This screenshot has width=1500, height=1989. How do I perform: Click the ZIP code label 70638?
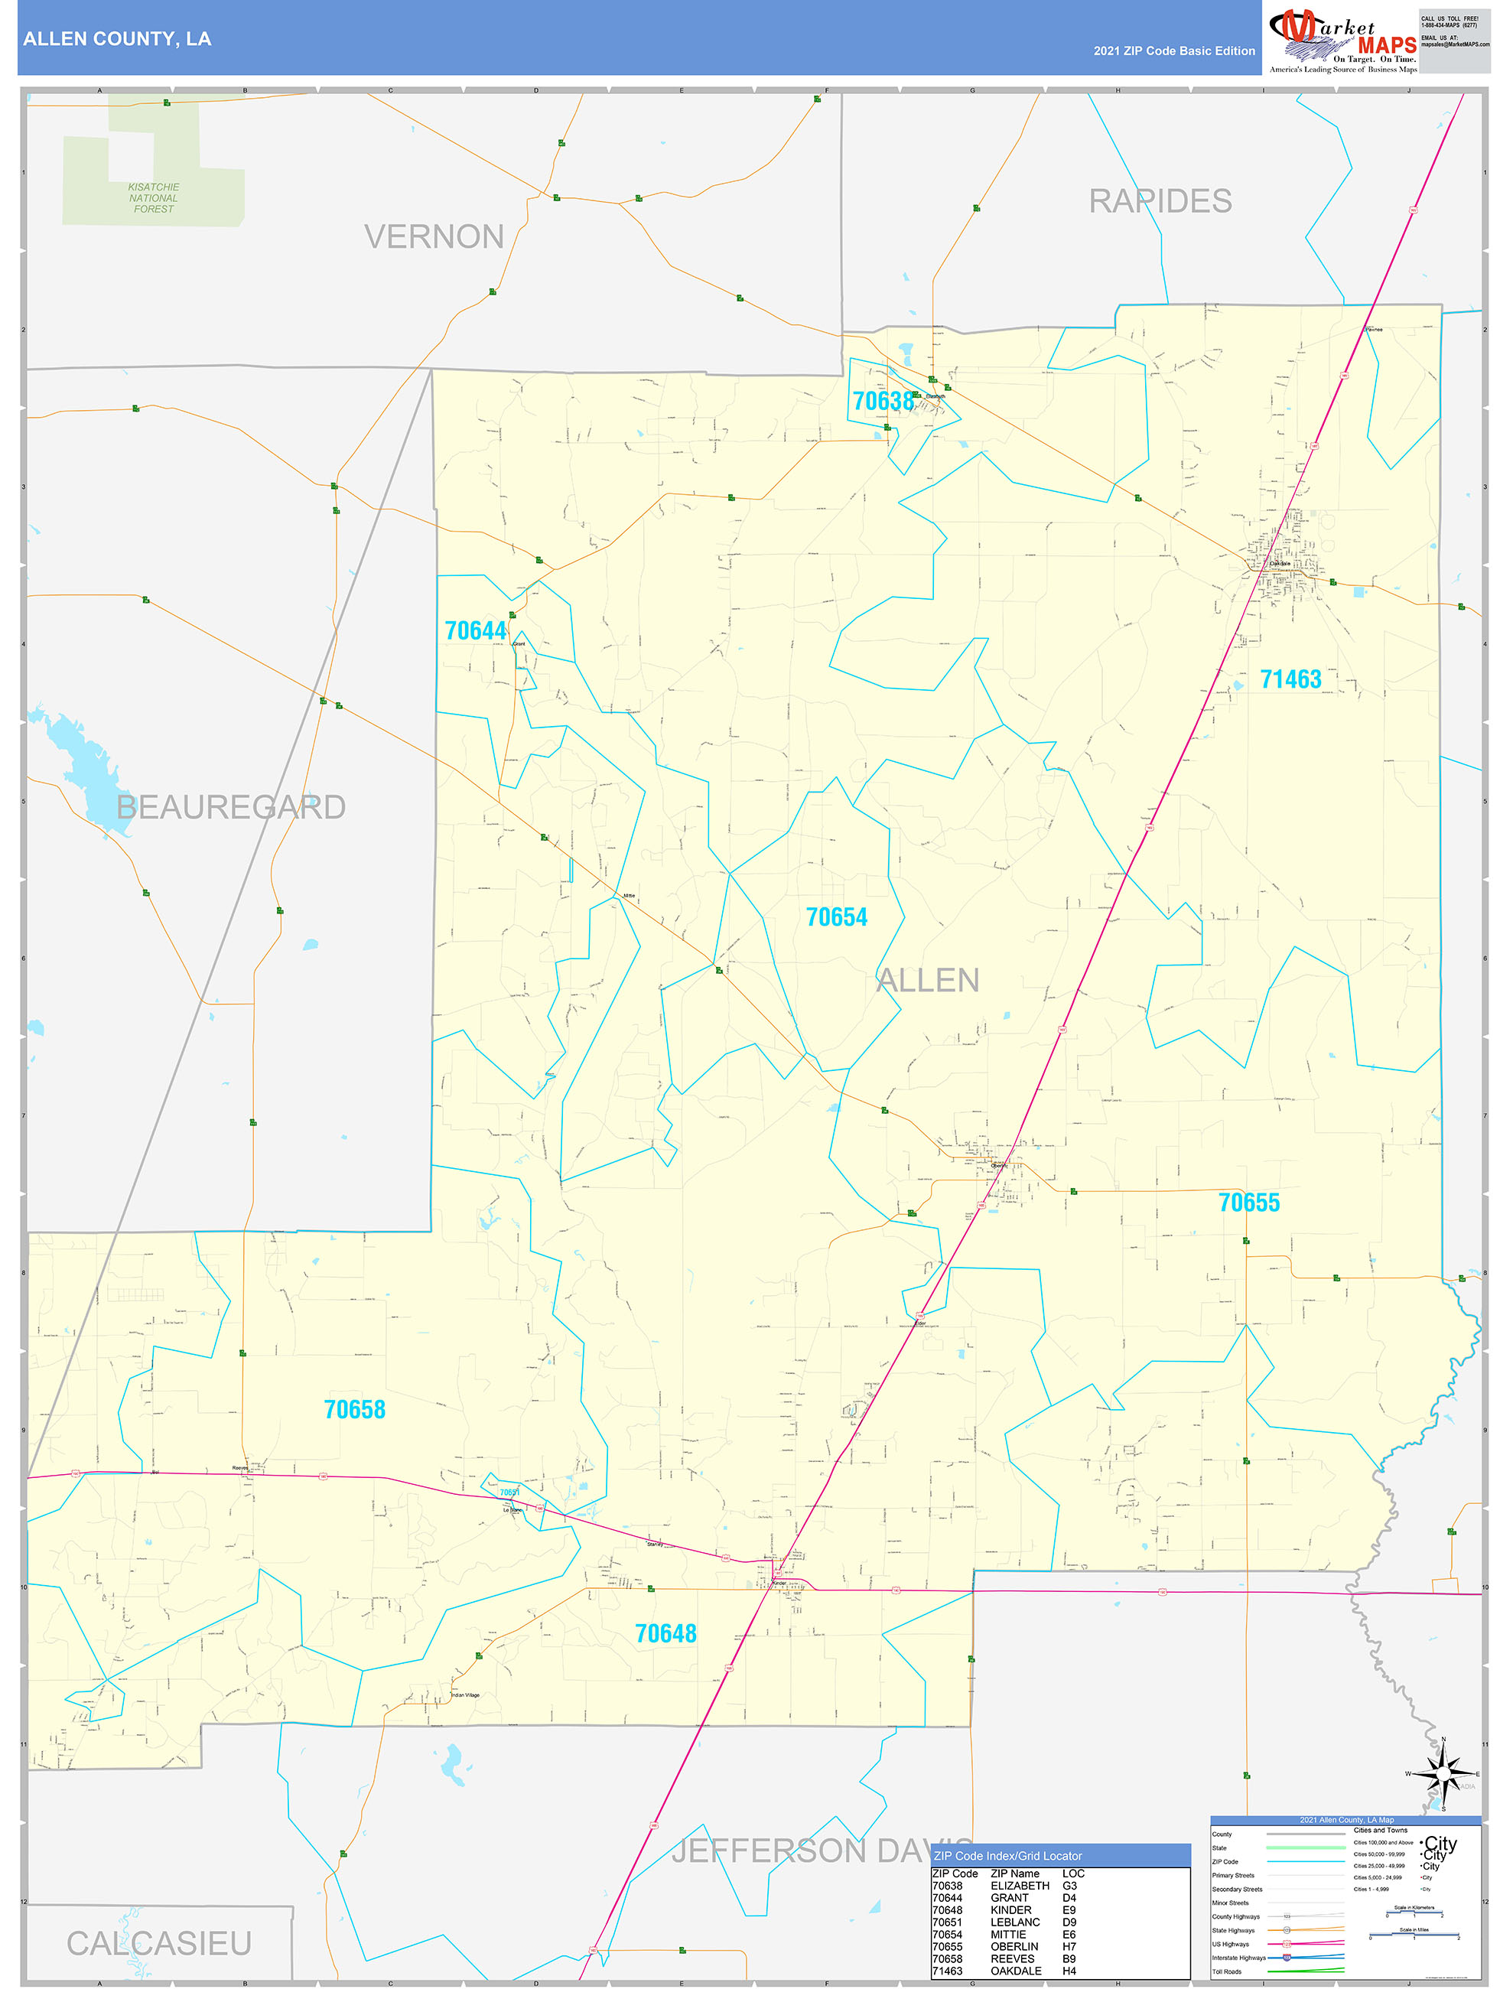[882, 401]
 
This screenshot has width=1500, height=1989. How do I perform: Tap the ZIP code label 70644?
[475, 631]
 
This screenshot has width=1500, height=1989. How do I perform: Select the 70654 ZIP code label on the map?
[836, 917]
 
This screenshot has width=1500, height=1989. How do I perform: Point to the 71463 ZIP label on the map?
[1290, 680]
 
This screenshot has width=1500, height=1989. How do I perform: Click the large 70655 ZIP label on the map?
[1248, 1203]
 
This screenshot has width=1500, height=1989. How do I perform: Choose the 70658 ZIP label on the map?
[354, 1410]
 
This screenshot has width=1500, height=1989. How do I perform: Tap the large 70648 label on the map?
[665, 1634]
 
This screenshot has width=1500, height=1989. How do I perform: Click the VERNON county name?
[434, 237]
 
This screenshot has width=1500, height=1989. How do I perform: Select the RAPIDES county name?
[1160, 201]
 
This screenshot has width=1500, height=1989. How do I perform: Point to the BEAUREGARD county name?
[231, 808]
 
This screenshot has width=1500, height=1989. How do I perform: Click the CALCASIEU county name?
[159, 1943]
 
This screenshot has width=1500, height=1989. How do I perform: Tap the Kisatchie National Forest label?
[154, 198]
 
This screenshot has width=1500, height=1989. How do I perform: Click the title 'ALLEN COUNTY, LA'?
[117, 39]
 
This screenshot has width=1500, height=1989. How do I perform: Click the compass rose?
[1443, 1774]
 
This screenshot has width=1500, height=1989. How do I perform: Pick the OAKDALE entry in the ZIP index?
[1015, 1970]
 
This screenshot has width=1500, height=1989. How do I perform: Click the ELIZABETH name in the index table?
[1020, 1886]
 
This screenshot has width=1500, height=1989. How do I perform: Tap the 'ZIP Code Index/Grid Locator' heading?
[1007, 1855]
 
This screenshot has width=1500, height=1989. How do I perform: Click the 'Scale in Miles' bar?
[1414, 1935]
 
